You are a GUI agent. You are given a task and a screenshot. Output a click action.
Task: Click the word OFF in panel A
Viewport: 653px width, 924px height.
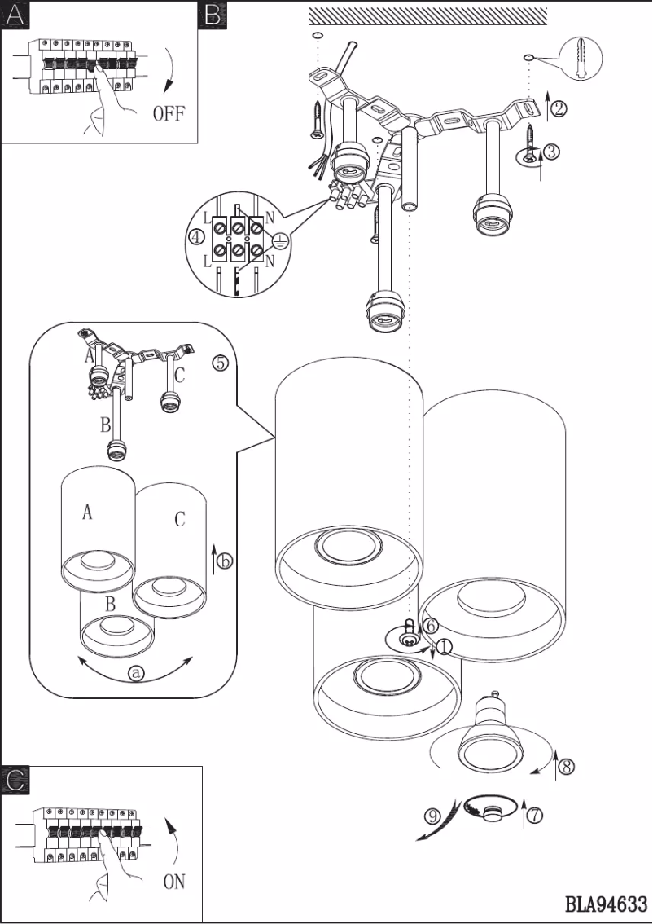point(169,113)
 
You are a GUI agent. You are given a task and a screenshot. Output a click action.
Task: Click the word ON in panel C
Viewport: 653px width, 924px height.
point(174,882)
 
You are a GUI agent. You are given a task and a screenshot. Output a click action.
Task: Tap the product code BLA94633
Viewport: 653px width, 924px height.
point(606,904)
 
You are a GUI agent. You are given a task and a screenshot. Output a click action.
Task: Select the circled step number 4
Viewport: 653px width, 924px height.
point(195,237)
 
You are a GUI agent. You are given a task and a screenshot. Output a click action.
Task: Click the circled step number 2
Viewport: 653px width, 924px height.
point(559,108)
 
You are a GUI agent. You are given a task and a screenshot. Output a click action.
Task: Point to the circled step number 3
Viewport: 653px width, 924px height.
point(550,152)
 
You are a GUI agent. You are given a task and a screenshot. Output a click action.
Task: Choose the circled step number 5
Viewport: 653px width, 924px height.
point(220,363)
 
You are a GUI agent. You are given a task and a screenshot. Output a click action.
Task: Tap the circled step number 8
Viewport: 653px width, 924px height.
point(567,766)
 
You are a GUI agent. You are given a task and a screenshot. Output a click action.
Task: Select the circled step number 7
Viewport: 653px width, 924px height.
point(534,814)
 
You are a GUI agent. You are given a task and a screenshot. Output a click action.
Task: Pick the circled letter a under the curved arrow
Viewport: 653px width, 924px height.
point(136,672)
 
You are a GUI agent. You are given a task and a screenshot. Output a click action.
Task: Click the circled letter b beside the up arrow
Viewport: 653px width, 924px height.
point(226,561)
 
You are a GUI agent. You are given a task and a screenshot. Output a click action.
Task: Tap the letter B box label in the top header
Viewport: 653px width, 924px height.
point(213,14)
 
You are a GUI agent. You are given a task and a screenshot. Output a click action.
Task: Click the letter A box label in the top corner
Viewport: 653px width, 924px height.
point(14,14)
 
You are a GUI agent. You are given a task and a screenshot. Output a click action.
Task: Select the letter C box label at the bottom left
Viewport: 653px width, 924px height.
point(15,780)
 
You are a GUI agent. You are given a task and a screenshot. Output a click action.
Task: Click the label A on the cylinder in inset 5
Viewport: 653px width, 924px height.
point(87,513)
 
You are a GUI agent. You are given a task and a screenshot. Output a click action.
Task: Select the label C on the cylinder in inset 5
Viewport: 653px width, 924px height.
point(180,519)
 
